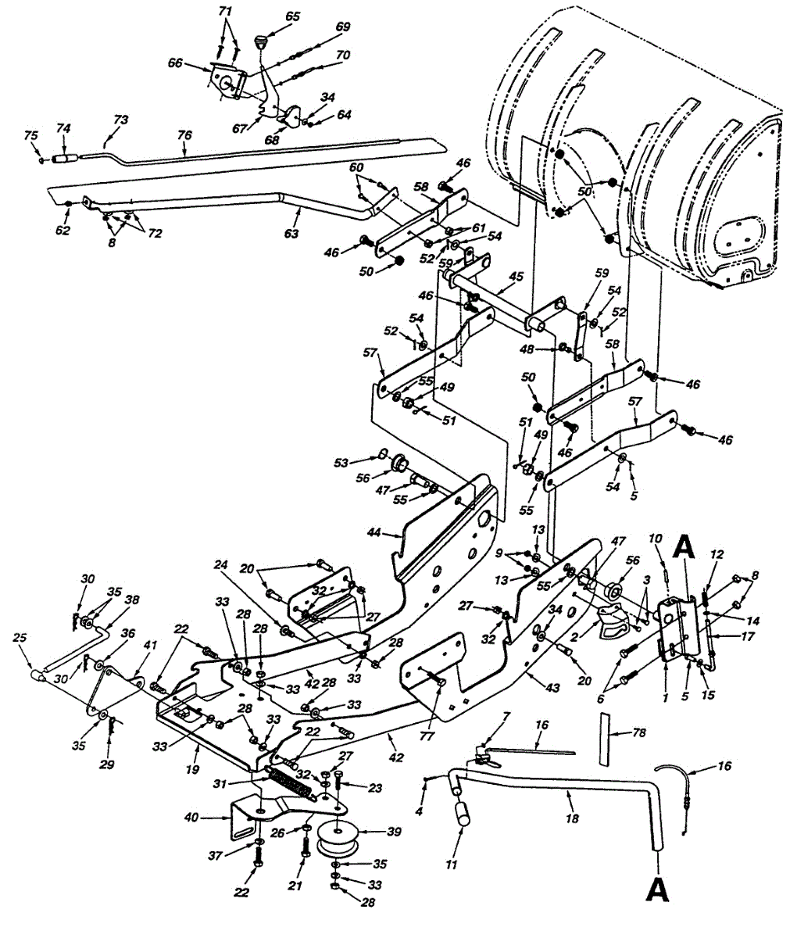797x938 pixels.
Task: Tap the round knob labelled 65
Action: pos(262,39)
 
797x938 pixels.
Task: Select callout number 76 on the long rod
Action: pos(184,134)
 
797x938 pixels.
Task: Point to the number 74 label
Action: pos(64,127)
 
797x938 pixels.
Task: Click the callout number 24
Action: pos(221,564)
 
